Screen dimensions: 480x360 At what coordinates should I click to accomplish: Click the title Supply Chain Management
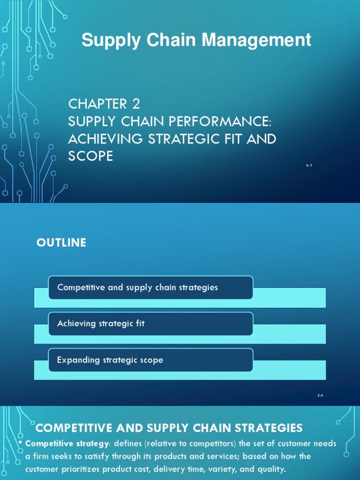pyautogui.click(x=196, y=40)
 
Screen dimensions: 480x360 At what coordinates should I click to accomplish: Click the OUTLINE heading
pyautogui.click(x=61, y=243)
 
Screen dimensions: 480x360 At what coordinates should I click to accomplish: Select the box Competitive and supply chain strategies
pyautogui.click(x=150, y=287)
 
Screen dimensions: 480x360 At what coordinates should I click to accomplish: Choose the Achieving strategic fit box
pyautogui.click(x=150, y=323)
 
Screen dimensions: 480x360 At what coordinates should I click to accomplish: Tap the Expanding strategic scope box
pyautogui.click(x=150, y=360)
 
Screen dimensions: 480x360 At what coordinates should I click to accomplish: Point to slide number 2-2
pyautogui.click(x=320, y=396)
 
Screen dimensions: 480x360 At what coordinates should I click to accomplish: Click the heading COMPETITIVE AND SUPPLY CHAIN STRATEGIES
pyautogui.click(x=169, y=427)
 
